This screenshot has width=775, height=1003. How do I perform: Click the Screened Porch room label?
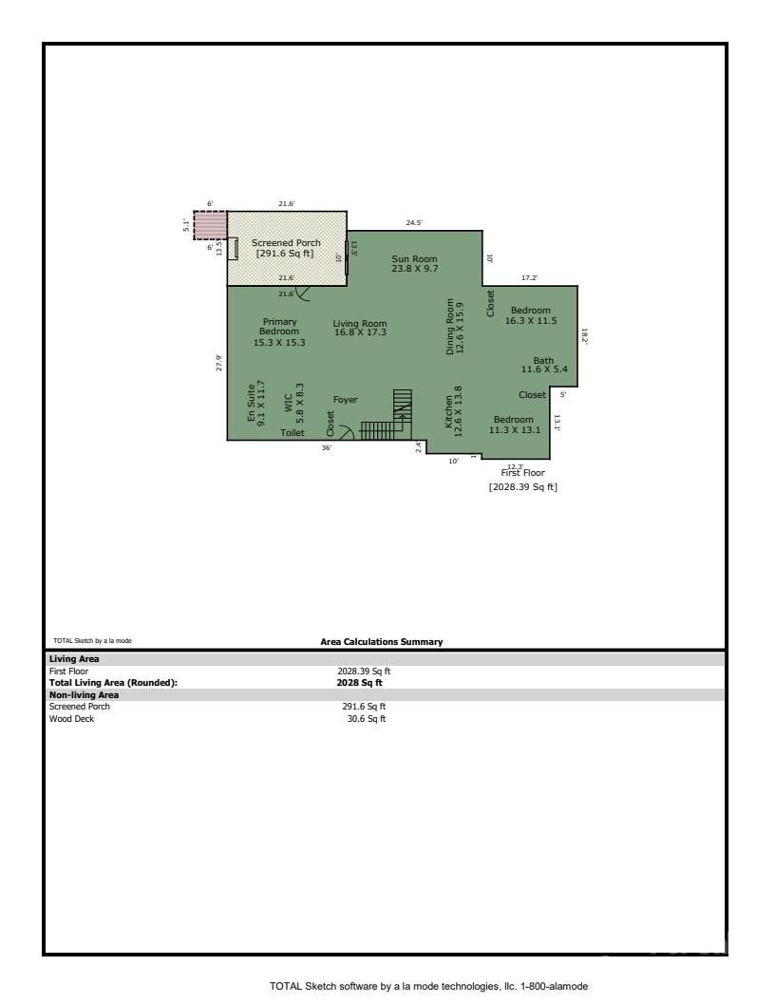[286, 248]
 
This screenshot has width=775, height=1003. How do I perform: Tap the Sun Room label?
[414, 263]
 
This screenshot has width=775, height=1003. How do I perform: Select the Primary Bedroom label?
[279, 331]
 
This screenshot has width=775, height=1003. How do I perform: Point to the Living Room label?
[360, 329]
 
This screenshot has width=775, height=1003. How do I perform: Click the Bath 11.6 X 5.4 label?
[543, 365]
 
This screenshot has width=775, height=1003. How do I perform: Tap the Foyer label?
[345, 400]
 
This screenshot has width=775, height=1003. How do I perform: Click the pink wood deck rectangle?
[210, 225]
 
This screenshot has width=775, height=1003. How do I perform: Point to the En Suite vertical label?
[255, 404]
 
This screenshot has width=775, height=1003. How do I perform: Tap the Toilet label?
[293, 432]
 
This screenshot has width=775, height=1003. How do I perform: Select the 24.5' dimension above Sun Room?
[414, 222]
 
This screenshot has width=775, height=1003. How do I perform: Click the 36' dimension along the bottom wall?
[326, 447]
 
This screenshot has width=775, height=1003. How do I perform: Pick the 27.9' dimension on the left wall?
[218, 362]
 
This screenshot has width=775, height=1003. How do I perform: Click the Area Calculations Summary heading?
[382, 642]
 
